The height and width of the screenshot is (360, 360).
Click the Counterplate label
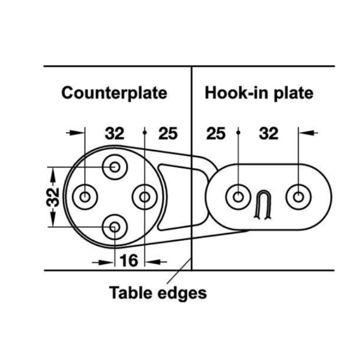[114, 93]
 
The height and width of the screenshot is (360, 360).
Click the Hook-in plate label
[259, 93]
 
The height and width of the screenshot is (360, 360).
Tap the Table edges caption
[158, 293]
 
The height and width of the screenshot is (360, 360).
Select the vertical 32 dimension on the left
[53, 197]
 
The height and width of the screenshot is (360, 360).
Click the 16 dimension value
[129, 261]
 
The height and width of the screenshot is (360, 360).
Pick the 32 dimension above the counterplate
[115, 133]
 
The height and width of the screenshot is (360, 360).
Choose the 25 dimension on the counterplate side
[168, 133]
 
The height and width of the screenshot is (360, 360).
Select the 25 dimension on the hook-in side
[216, 133]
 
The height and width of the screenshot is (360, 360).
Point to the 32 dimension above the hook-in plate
[268, 133]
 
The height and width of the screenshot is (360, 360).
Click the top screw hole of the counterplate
[115, 167]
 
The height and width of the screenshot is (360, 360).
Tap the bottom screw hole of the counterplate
[115, 227]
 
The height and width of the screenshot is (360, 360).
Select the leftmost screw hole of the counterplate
[85, 197]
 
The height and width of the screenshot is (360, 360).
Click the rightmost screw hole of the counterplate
[145, 197]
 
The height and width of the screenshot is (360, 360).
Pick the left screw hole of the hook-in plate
[238, 197]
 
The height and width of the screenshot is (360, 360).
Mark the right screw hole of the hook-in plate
[298, 197]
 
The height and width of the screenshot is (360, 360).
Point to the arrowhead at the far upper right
[307, 133]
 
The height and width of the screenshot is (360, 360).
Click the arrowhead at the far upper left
[77, 133]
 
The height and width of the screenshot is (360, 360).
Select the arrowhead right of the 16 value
[153, 261]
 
